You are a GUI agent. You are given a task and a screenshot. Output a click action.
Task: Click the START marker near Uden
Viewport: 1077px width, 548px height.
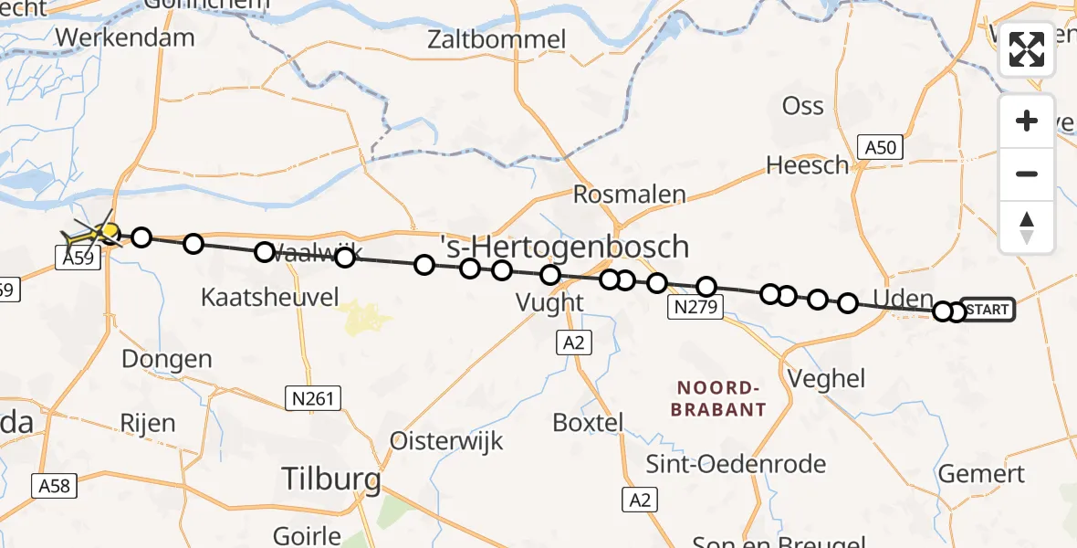tap(988, 310)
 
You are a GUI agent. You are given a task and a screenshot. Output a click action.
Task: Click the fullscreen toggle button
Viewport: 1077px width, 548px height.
tap(1027, 49)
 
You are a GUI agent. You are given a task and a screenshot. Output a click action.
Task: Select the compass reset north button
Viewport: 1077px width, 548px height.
tap(1027, 227)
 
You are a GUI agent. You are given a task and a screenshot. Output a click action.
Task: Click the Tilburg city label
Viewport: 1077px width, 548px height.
tap(331, 478)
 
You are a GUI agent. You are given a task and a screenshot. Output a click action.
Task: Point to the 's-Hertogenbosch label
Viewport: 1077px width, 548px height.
tap(564, 247)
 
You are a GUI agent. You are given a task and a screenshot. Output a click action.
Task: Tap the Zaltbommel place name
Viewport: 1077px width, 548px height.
tap(498, 40)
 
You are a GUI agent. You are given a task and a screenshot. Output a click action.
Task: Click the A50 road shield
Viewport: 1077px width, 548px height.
tap(880, 147)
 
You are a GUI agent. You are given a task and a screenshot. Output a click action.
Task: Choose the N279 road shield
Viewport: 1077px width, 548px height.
tap(695, 308)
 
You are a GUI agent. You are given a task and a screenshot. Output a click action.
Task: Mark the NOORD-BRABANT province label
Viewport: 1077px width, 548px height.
tap(718, 398)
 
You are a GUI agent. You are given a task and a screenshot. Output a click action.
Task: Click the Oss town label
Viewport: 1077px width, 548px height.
tap(803, 106)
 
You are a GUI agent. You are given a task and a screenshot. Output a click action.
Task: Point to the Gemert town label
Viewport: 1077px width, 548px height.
tap(981, 474)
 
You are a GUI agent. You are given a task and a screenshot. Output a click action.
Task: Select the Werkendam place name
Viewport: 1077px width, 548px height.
tap(125, 37)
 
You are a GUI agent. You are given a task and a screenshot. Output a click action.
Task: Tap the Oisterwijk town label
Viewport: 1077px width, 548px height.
tap(446, 440)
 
